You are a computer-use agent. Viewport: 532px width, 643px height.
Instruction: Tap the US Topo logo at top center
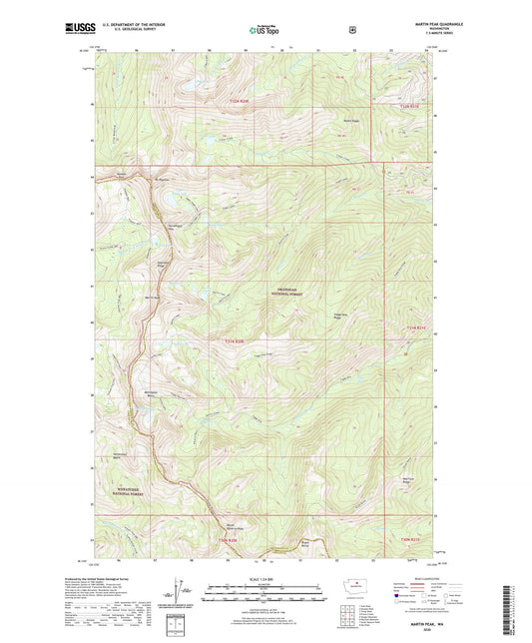coord(263,31)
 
